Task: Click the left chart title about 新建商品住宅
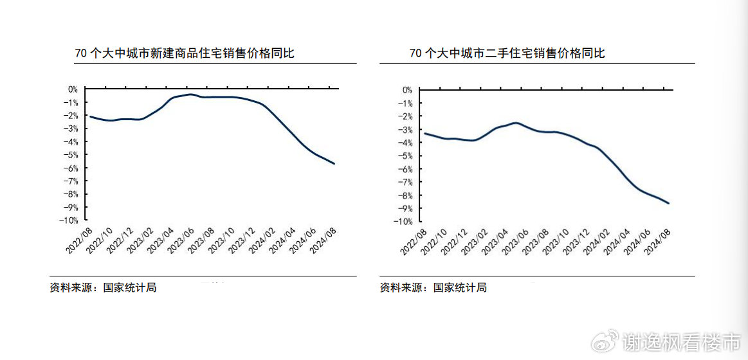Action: point(185,53)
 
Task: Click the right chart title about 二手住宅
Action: point(507,53)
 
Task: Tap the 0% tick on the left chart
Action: point(73,89)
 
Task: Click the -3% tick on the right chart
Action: point(406,129)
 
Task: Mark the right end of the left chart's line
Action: point(334,163)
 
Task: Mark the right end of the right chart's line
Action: point(669,203)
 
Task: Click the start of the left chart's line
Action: point(90,116)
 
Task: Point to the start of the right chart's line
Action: point(424,133)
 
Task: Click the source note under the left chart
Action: point(103,287)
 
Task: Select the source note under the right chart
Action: point(433,287)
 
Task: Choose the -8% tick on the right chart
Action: point(406,195)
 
